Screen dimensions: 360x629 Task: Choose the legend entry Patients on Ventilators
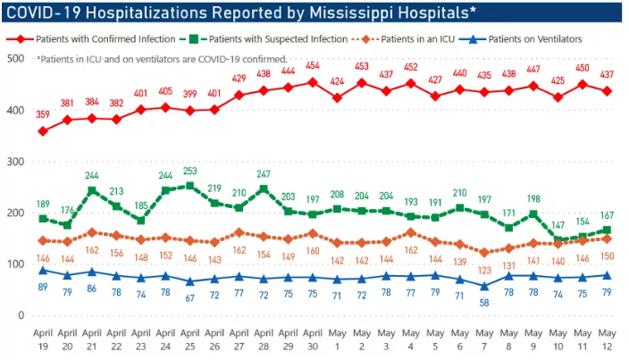[x=535, y=39]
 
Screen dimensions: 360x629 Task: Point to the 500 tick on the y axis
[x=13, y=58]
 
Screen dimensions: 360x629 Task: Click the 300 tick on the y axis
[x=13, y=161]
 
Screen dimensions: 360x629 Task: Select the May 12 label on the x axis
[x=607, y=340]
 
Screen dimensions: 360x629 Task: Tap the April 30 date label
[x=312, y=340]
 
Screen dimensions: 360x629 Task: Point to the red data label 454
[x=312, y=65]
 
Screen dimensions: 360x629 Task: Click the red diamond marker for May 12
[x=607, y=91]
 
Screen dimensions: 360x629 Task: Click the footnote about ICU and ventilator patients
[x=162, y=58]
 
